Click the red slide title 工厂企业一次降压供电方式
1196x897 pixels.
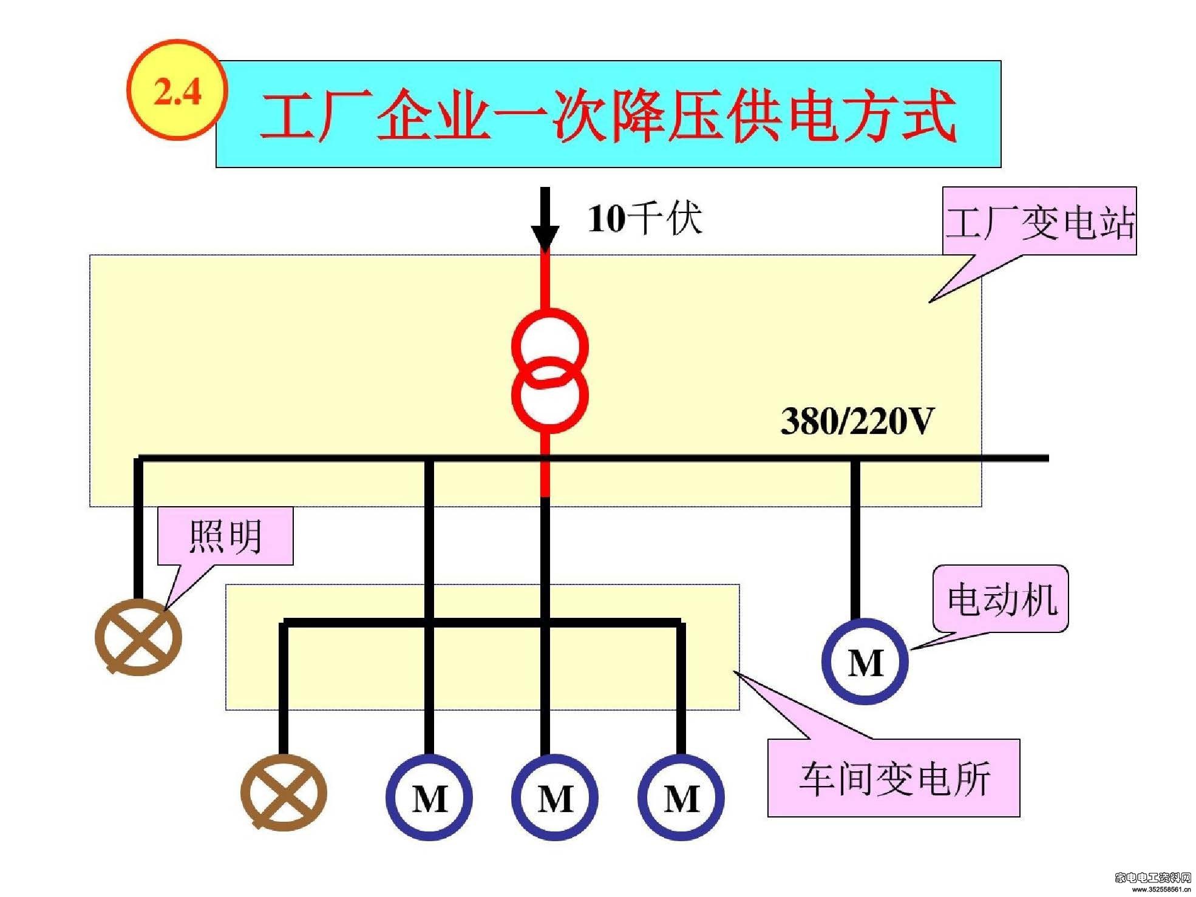(x=608, y=115)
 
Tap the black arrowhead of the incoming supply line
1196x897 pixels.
(x=545, y=238)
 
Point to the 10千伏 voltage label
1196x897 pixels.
(x=645, y=219)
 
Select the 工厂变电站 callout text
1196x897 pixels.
(x=1039, y=223)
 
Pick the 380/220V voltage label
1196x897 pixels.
(x=857, y=421)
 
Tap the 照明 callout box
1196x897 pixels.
(x=225, y=536)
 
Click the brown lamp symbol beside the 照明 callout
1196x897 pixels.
(x=139, y=637)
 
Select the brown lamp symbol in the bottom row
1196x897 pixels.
(x=284, y=793)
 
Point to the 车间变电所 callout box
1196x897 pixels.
(x=894, y=778)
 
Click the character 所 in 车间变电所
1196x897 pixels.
(x=972, y=779)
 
